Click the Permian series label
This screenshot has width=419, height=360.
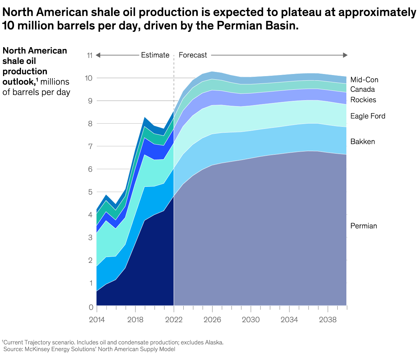(363, 226)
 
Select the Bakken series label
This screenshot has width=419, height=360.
(362, 141)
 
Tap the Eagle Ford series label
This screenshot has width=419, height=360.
(368, 116)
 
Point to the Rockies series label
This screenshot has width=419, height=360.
(363, 100)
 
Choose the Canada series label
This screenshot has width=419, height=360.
(362, 89)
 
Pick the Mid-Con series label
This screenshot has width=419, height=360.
(364, 80)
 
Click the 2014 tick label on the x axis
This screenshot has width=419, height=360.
(97, 320)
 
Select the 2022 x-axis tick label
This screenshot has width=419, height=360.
(174, 320)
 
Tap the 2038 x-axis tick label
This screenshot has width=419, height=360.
(328, 320)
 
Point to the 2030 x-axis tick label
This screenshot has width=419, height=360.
(251, 320)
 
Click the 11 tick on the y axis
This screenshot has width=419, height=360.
(89, 55)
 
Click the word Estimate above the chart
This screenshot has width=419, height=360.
(155, 55)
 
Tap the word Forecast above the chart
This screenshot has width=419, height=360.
(193, 55)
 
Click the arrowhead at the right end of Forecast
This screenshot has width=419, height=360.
(345, 55)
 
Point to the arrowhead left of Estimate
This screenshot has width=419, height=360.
(98, 55)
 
